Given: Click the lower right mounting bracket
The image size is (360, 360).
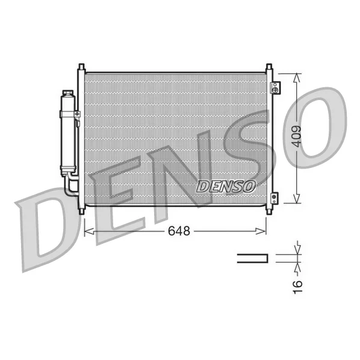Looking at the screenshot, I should [275, 197].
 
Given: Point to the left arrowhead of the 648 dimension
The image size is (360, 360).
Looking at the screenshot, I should [87, 231].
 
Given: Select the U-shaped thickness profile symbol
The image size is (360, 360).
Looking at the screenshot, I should [252, 259].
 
